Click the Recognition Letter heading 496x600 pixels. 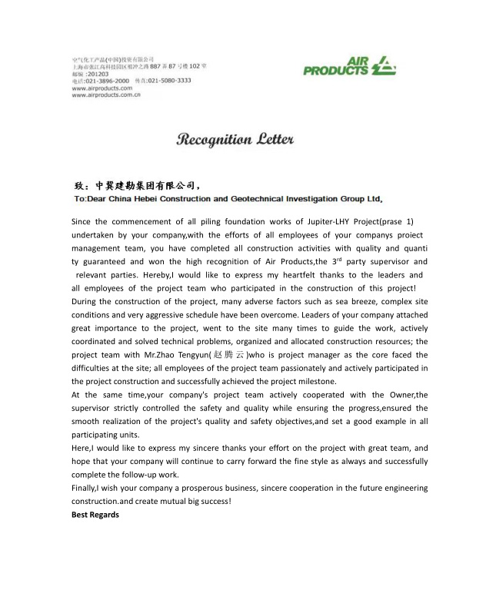click(x=235, y=140)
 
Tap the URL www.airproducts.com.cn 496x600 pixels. click(x=105, y=94)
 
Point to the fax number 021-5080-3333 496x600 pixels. click(x=169, y=81)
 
